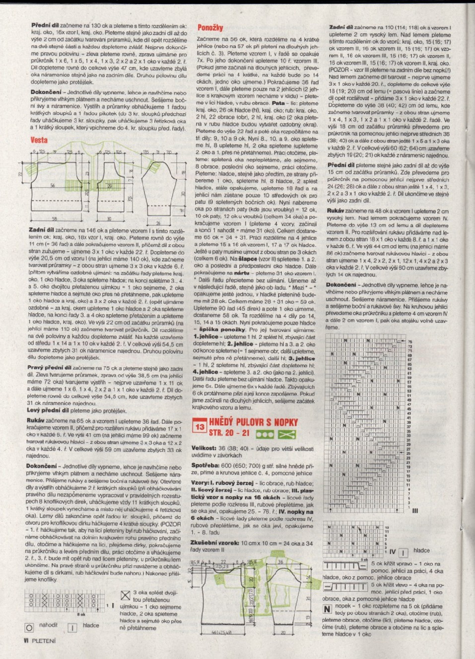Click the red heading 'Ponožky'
210,28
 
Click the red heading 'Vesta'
39,140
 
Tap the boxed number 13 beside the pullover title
200,427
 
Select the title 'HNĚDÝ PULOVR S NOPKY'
253,422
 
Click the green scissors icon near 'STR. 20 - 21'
287,434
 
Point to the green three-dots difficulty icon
265,434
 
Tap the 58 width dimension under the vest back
54,218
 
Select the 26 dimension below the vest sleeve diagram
158,223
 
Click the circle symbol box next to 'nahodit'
29,628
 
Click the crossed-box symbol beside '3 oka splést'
125,594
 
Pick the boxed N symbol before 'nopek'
327,608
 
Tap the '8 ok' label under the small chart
82,614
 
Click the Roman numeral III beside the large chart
415,510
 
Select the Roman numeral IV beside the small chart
392,552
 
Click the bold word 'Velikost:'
204,448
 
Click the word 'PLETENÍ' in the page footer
44,641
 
